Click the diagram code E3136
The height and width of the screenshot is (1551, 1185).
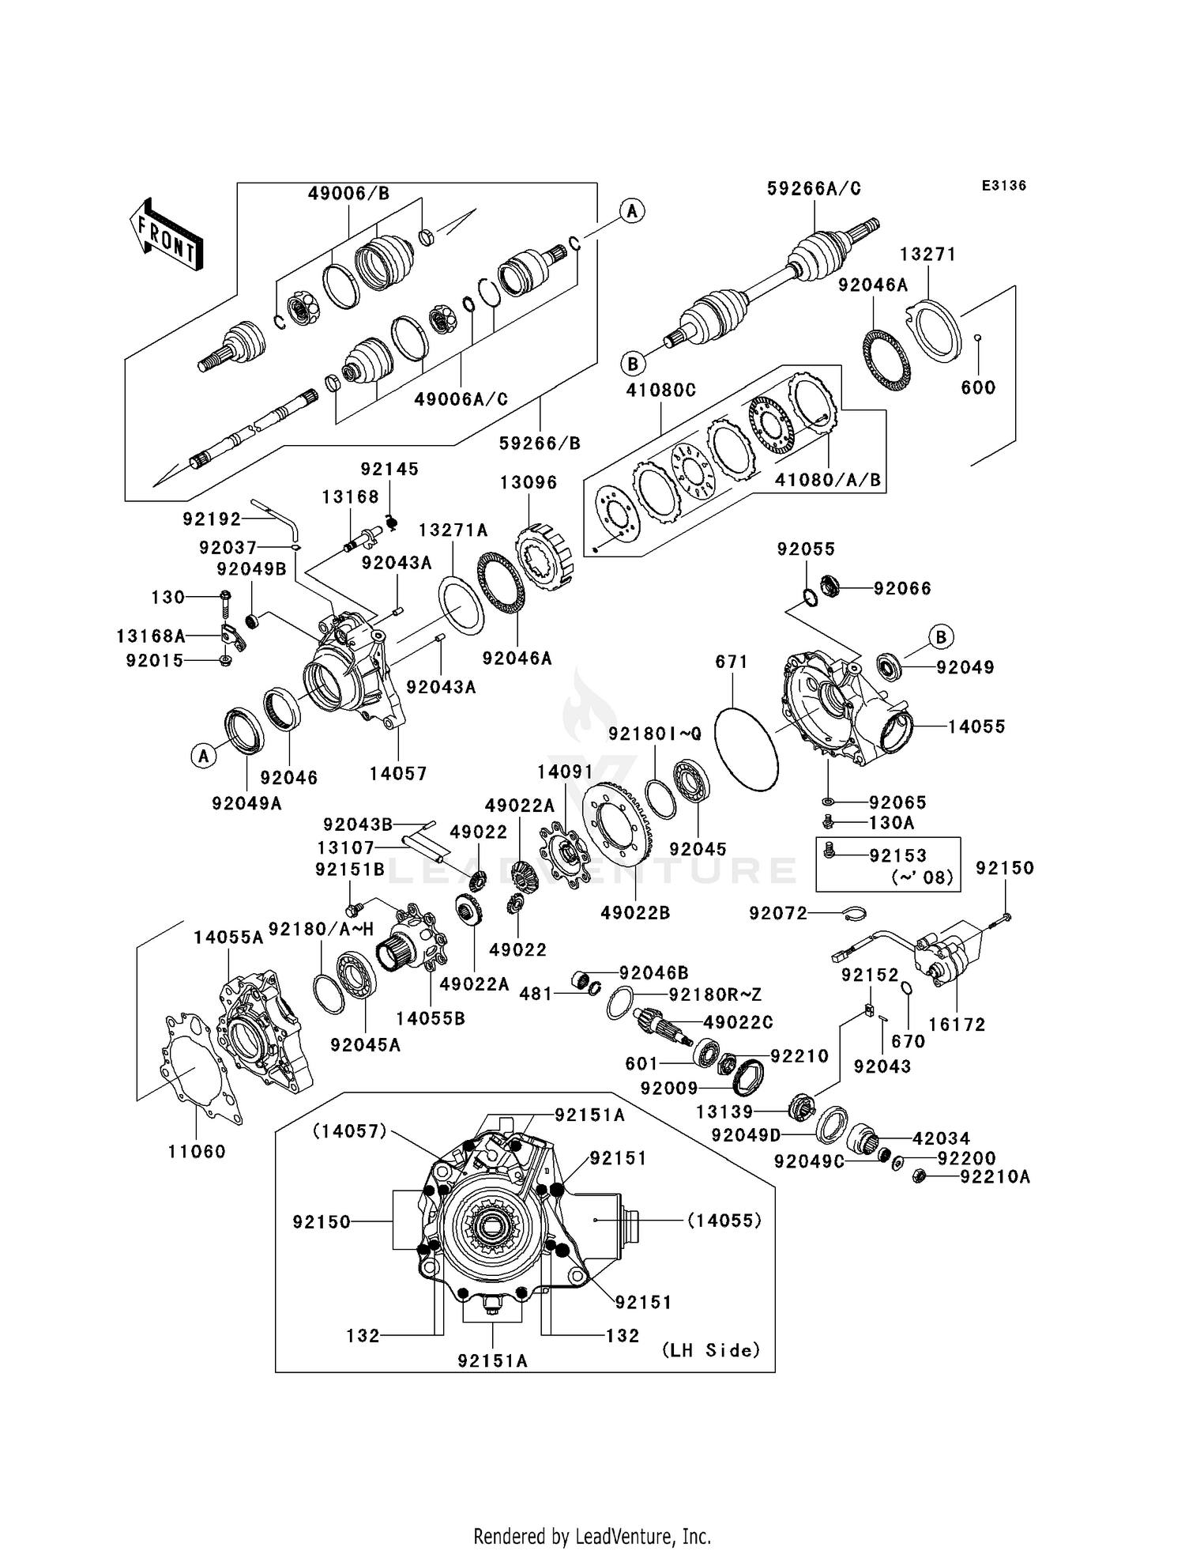(1004, 186)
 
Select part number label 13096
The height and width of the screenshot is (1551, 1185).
(529, 482)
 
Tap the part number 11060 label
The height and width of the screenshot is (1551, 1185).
(197, 1152)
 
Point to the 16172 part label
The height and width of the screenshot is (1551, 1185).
(957, 1025)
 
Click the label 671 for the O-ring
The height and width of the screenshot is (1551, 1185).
(732, 662)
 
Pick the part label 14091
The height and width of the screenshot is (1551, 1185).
(565, 772)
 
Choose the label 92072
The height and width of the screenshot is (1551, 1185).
(778, 914)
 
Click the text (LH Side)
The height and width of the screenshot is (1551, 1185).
(711, 1350)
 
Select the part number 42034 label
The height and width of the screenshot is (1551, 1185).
(942, 1139)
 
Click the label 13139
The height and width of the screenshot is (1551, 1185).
(724, 1112)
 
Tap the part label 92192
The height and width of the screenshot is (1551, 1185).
(212, 519)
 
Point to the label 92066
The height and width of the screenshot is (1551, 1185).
(902, 588)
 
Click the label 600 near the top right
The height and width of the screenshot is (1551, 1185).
(978, 387)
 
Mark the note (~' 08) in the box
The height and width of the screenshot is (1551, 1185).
(922, 877)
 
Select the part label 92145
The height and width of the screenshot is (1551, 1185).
(389, 469)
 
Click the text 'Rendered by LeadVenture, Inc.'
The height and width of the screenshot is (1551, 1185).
(592, 1536)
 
